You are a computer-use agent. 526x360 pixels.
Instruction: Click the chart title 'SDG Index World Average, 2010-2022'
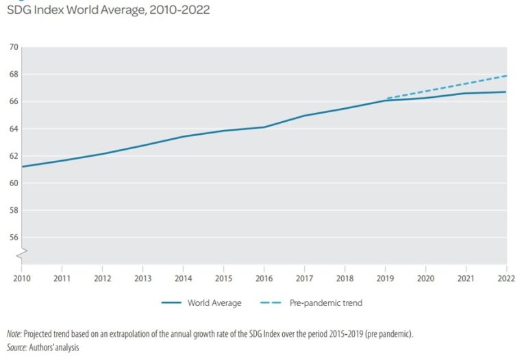pyautogui.click(x=108, y=10)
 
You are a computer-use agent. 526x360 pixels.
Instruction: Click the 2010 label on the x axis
pyautogui.click(x=22, y=278)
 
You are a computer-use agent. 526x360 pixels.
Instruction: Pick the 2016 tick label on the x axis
pyautogui.click(x=264, y=278)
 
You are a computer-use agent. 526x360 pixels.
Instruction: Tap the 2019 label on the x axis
pyautogui.click(x=386, y=278)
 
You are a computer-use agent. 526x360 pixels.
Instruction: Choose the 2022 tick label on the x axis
pyautogui.click(x=507, y=278)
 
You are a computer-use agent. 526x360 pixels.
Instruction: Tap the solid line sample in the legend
pyautogui.click(x=175, y=303)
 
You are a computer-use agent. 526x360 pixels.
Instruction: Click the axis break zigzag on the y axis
pyautogui.click(x=22, y=254)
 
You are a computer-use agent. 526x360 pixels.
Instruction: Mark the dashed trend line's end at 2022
pyautogui.click(x=506, y=75)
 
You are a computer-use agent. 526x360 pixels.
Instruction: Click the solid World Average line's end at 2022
pyautogui.click(x=506, y=92)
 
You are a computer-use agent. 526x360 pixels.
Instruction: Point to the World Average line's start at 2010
pyautogui.click(x=23, y=166)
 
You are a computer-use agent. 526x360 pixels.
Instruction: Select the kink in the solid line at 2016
pyautogui.click(x=264, y=127)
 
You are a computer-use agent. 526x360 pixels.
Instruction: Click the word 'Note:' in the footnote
pyautogui.click(x=14, y=333)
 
